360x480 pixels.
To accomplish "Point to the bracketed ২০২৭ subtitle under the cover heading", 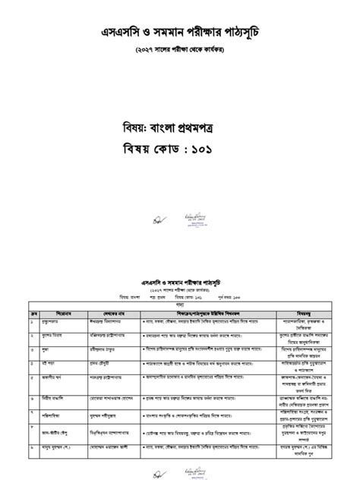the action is pyautogui.click(x=179, y=52).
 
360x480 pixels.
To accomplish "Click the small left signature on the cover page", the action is pyautogui.click(x=158, y=219).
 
